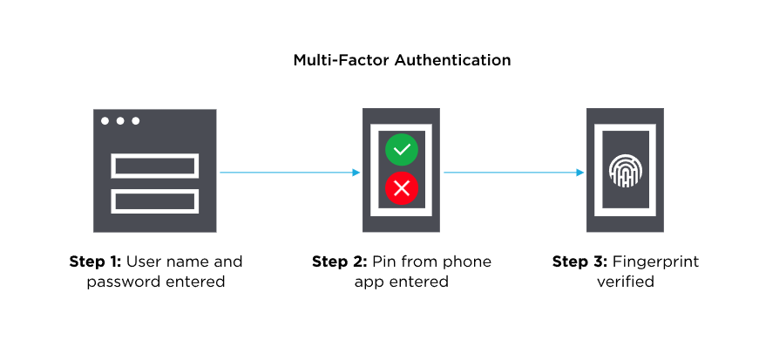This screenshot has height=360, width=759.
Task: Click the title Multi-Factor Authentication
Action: pyautogui.click(x=402, y=60)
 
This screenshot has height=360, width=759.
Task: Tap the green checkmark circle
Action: pyautogui.click(x=402, y=150)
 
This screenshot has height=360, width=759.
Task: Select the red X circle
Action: pyautogui.click(x=402, y=187)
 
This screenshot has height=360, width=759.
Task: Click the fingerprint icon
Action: pyautogui.click(x=624, y=171)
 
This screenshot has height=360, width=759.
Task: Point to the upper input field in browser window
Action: pyautogui.click(x=155, y=165)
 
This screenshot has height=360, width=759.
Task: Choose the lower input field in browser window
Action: pyautogui.click(x=155, y=200)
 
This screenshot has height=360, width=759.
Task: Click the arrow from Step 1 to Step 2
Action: pyautogui.click(x=288, y=173)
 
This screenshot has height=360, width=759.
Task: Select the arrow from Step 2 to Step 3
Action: pyautogui.click(x=513, y=173)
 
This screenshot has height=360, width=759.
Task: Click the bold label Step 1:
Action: pyautogui.click(x=96, y=262)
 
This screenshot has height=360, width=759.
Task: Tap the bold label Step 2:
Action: pyautogui.click(x=339, y=262)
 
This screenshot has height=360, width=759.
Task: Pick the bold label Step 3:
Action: pyautogui.click(x=580, y=262)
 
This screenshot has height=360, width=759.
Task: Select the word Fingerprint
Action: pyautogui.click(x=656, y=262)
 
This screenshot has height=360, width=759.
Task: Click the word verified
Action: pyautogui.click(x=625, y=282)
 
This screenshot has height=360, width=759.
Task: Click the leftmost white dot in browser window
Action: pyautogui.click(x=105, y=120)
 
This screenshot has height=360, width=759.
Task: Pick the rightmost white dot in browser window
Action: pyautogui.click(x=135, y=120)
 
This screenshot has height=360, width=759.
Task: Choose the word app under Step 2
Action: pyautogui.click(x=368, y=282)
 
